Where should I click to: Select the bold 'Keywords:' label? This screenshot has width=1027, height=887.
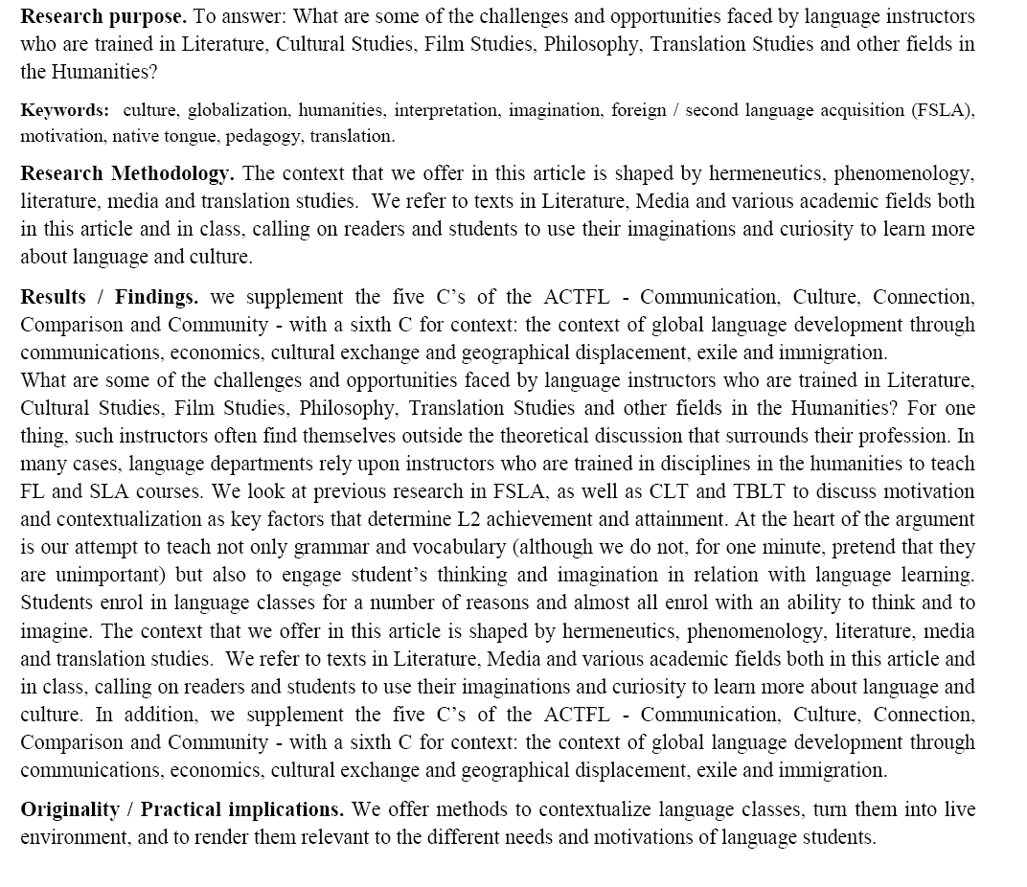[64, 110]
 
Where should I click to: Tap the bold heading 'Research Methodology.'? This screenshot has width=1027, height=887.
[126, 173]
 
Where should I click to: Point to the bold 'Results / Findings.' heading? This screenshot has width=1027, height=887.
[109, 297]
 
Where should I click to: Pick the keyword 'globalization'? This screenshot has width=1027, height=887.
[238, 110]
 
